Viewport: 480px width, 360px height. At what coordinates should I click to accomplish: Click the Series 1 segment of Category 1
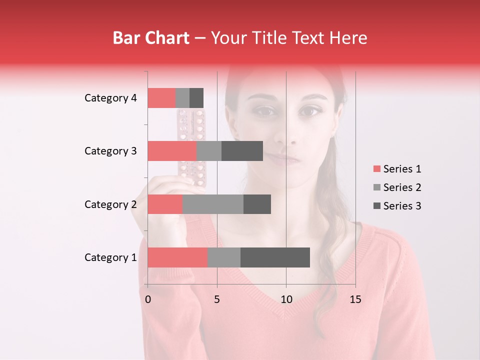177,257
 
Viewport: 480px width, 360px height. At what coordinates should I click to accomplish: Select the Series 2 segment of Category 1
224,257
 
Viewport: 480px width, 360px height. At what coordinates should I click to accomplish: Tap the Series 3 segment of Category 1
275,257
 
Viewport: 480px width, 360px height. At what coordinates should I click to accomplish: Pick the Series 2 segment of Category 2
213,204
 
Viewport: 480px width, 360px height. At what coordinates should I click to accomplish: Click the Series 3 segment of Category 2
257,204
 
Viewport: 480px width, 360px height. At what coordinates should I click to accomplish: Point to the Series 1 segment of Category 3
172,151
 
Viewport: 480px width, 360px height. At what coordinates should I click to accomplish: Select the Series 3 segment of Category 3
242,151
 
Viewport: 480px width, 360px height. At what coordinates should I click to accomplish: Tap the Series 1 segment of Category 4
161,98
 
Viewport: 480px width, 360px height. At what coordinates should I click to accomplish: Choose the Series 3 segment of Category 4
196,98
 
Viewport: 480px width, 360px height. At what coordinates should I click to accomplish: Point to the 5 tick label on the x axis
217,299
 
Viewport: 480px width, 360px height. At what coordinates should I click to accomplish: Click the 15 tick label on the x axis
355,299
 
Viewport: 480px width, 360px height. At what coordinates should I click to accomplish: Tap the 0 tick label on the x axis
148,299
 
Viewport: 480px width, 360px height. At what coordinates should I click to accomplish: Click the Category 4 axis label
110,98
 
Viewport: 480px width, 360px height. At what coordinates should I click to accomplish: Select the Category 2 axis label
110,204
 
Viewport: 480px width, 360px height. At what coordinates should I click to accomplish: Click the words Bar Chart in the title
151,38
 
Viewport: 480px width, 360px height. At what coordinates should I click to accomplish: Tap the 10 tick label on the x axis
286,299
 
